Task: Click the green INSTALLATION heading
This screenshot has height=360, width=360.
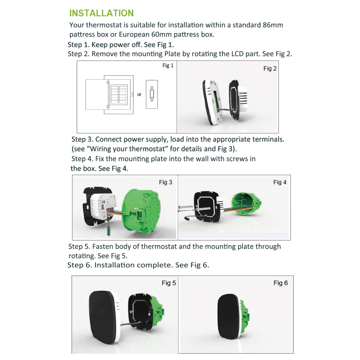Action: click(x=101, y=13)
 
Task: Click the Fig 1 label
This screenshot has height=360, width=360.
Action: click(x=168, y=65)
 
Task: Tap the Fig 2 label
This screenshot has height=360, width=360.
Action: click(x=270, y=69)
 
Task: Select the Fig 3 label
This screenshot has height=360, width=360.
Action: click(x=165, y=182)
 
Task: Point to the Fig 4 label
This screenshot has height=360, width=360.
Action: click(x=280, y=182)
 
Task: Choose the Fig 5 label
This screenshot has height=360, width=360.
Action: click(x=168, y=283)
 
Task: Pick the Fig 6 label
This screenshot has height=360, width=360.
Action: click(x=280, y=283)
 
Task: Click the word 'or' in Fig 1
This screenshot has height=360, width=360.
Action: click(x=139, y=95)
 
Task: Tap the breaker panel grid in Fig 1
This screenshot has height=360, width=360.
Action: click(x=120, y=95)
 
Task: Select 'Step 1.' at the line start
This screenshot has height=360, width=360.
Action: click(x=78, y=45)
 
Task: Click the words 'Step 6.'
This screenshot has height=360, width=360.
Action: click(x=80, y=265)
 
